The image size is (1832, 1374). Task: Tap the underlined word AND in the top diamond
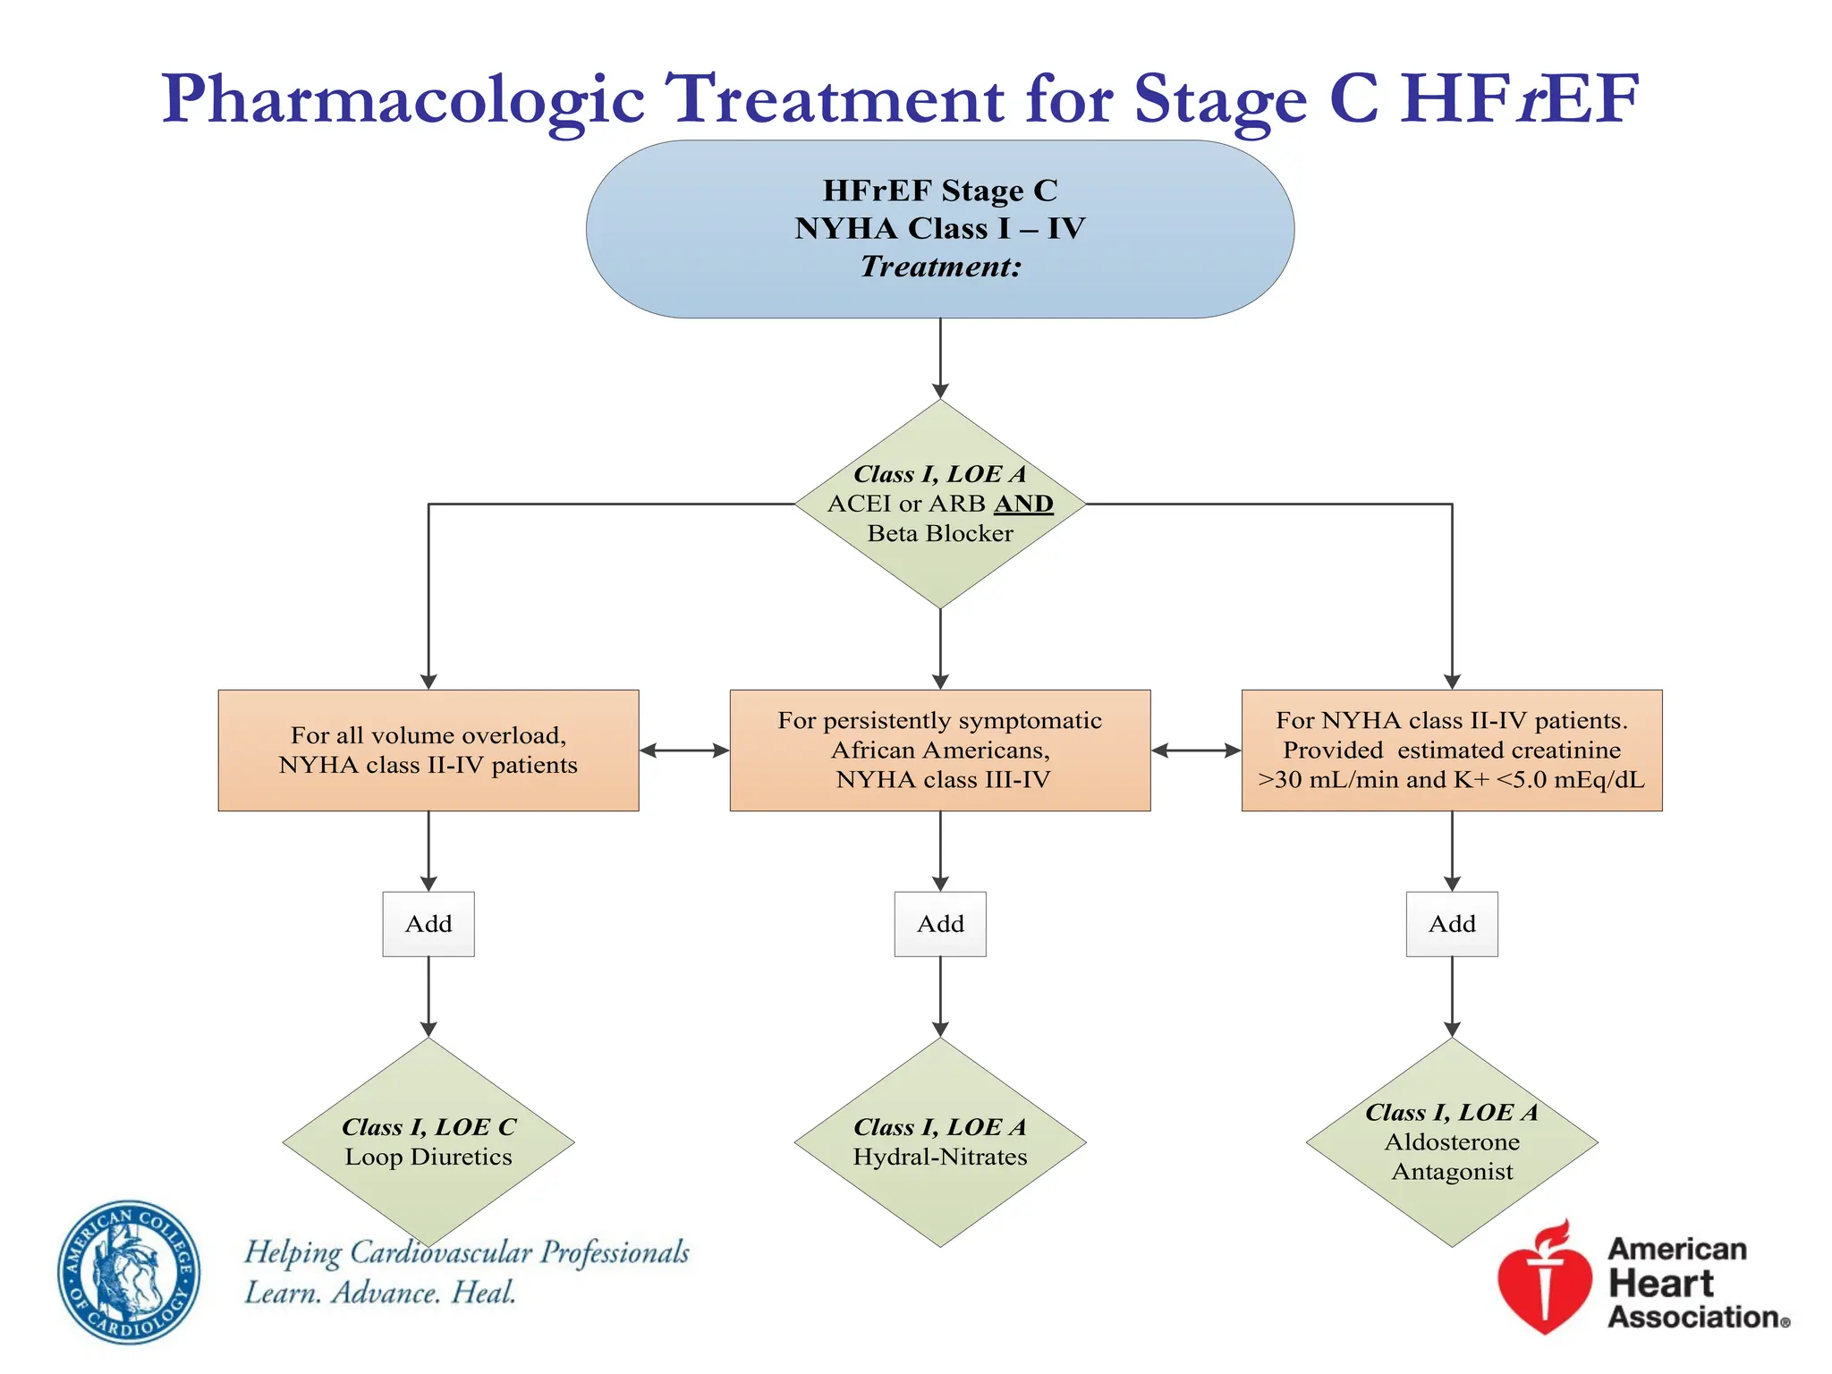click(1023, 504)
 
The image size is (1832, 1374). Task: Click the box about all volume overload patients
click(428, 750)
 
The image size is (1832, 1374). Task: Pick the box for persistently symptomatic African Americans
click(940, 750)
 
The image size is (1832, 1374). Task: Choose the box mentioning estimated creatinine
click(1451, 750)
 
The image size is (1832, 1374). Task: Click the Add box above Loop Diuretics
click(428, 923)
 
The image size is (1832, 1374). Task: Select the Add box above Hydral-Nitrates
click(940, 923)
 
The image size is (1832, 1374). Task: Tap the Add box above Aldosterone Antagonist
click(1452, 923)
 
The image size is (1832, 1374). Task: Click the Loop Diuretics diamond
click(428, 1142)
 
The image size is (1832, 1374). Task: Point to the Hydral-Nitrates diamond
click(940, 1142)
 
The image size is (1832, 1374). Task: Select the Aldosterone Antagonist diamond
click(1452, 1142)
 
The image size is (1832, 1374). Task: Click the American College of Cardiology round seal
click(129, 1271)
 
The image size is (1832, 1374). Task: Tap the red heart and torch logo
click(1545, 1279)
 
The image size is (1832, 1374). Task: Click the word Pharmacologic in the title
click(403, 98)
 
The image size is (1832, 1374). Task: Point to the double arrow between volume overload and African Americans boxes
click(684, 751)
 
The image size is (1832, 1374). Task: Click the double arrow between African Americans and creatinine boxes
click(1196, 751)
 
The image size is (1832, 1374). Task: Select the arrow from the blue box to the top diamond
click(940, 358)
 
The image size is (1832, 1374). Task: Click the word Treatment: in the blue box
click(940, 267)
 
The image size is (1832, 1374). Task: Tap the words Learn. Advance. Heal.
click(380, 1293)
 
